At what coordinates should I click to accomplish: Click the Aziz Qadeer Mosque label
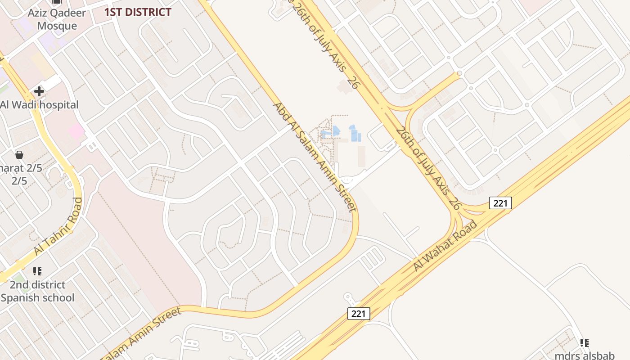(x=57, y=19)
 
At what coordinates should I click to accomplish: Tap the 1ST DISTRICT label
(x=138, y=12)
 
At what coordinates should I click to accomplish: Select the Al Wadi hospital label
(x=39, y=105)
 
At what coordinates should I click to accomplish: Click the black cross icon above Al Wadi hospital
(x=39, y=92)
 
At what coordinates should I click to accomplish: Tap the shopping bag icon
(x=19, y=155)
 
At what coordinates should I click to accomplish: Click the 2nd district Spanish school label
(x=38, y=291)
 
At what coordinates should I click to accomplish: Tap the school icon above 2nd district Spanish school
(x=37, y=271)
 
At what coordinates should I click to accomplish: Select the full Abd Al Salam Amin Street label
(x=315, y=157)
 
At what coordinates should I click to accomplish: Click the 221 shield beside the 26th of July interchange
(x=500, y=203)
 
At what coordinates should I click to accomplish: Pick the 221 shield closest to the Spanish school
(x=358, y=313)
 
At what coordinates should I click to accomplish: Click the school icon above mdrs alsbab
(x=584, y=343)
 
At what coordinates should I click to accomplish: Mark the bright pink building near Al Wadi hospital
(x=76, y=131)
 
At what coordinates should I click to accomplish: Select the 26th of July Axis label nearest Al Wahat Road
(x=428, y=168)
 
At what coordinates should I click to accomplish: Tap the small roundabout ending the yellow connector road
(x=459, y=73)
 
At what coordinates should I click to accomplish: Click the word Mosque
(x=57, y=26)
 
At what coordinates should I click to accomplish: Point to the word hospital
(x=58, y=105)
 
